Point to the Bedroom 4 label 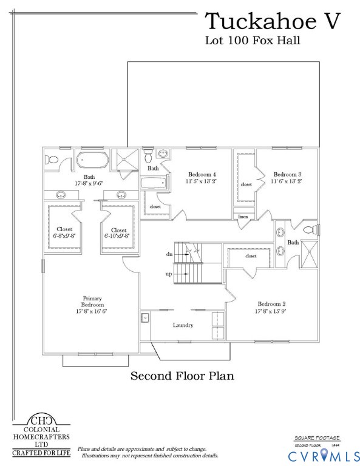click(201, 177)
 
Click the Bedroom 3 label click(287, 177)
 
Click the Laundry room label click(183, 325)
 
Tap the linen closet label click(243, 216)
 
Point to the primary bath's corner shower click(128, 161)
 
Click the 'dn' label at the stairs click(169, 254)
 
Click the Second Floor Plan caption click(182, 376)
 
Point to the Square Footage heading click(317, 437)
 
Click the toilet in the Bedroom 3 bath click(310, 229)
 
